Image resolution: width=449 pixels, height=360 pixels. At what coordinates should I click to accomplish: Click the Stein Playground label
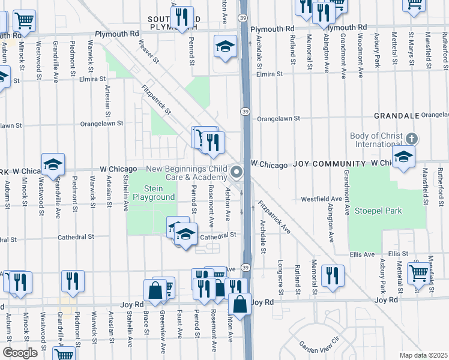[154, 193]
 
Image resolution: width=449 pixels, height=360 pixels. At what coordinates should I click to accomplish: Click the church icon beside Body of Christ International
[411, 137]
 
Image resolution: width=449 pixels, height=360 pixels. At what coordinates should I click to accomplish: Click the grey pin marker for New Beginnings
[237, 173]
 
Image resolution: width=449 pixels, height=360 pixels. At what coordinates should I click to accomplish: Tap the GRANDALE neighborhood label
[396, 115]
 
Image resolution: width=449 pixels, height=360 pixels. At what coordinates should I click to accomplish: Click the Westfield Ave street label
[321, 199]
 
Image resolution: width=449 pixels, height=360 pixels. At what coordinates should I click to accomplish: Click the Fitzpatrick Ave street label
[274, 217]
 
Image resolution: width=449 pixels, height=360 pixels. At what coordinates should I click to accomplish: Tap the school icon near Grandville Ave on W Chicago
[53, 164]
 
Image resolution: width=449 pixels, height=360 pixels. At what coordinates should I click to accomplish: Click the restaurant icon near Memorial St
[332, 275]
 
